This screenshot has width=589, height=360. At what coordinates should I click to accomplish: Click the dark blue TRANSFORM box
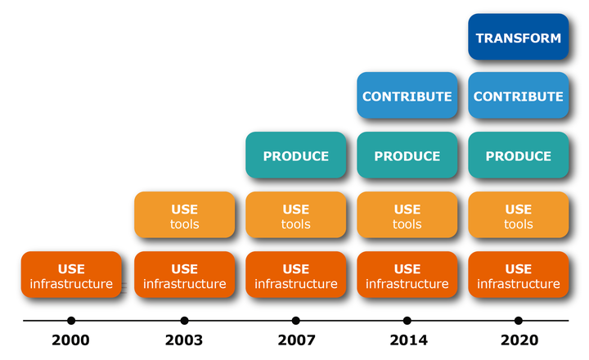point(519,37)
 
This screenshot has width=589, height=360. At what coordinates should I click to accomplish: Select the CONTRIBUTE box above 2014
point(407,96)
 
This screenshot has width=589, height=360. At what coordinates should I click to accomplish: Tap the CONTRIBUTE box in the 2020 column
point(519,96)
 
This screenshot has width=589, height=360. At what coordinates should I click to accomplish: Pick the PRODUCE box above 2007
point(295,155)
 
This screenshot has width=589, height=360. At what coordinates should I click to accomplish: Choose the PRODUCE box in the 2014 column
point(407,155)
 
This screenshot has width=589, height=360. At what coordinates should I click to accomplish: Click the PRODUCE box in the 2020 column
point(519,155)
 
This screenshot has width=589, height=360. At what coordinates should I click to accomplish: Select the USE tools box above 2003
point(184,214)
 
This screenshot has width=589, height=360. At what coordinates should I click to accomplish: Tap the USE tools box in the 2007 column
point(295,214)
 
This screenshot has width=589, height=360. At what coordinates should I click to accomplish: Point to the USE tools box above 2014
point(407,214)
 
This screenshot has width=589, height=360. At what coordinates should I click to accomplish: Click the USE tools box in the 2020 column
point(519,214)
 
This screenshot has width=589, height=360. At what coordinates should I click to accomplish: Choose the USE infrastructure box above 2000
point(71,274)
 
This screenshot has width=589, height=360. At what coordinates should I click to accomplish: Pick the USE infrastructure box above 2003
point(184,274)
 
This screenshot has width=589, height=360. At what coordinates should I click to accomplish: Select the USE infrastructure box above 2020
point(519,274)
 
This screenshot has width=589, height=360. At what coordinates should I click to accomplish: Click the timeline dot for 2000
point(71,321)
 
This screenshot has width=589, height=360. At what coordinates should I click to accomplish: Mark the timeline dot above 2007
point(295,321)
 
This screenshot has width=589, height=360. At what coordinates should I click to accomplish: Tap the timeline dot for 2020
point(519,321)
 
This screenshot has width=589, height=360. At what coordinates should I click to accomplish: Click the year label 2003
point(184,340)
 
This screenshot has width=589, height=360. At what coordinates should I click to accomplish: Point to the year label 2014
point(408,340)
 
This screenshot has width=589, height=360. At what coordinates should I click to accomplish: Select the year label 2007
point(296,340)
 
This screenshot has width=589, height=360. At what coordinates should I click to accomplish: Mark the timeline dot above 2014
point(407,321)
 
